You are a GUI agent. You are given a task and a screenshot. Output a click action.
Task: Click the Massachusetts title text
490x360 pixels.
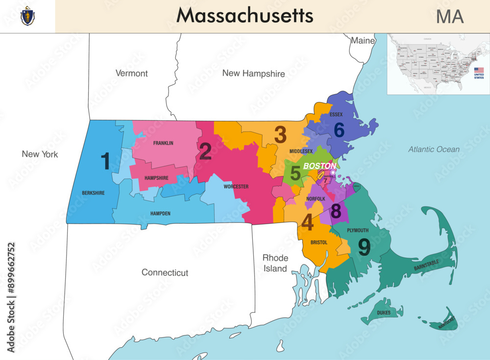coord(245,16)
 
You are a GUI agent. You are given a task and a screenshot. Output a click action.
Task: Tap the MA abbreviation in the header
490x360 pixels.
coord(449,17)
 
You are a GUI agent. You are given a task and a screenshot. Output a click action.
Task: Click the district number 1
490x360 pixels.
coord(105,161)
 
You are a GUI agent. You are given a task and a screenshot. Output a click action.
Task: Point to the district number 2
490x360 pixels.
coord(205,152)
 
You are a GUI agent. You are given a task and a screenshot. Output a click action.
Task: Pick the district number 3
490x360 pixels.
coord(280,134)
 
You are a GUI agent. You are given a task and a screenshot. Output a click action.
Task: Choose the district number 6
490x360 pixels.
coord(339,129)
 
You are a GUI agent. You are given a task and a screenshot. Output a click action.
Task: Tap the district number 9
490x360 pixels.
coord(364,247)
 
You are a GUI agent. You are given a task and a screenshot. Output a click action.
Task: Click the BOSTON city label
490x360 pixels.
coord(319,166)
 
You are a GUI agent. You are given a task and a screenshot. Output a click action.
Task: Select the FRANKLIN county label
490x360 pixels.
coord(163,143)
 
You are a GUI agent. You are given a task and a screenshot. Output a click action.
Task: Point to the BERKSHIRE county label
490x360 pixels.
coord(93,193)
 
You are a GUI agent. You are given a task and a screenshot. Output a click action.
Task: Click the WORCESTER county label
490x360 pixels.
coord(236,186)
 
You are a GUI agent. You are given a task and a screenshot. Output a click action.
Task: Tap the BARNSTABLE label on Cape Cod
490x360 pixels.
coord(426,265)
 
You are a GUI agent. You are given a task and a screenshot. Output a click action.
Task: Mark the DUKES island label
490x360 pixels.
coord(384,312)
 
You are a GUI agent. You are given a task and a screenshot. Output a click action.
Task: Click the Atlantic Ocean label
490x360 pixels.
coord(434,149)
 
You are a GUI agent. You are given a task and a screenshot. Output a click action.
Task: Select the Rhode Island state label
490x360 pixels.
coord(275,263)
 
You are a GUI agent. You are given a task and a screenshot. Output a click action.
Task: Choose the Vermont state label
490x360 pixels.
coord(131,73)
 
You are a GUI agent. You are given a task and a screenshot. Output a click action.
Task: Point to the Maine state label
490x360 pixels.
coord(363,41)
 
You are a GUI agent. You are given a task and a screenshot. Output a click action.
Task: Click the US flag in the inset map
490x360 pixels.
coord(478,71)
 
